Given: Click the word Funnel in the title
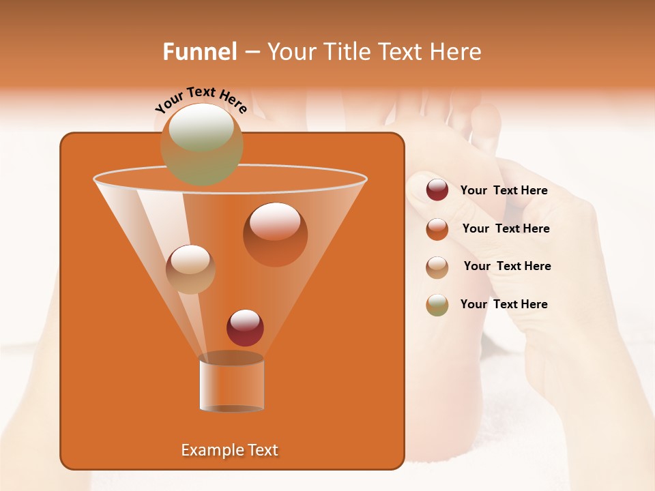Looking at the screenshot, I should click(x=199, y=52).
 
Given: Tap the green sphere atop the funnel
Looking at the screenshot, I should click(x=201, y=143).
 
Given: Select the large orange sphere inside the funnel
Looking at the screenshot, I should click(x=275, y=234).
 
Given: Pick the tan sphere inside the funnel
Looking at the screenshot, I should click(x=190, y=269).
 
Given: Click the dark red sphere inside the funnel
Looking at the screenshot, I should click(x=245, y=327).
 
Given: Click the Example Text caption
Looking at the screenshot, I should click(x=229, y=450).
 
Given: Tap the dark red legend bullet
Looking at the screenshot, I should click(x=437, y=190).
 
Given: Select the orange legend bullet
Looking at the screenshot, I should click(x=437, y=228).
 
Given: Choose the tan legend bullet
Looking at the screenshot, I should click(x=437, y=267).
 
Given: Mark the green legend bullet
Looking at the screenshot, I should click(x=437, y=304).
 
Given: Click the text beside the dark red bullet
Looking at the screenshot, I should click(x=504, y=190).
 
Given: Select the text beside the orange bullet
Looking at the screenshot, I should click(x=506, y=228).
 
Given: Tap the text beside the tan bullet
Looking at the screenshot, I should click(x=507, y=266).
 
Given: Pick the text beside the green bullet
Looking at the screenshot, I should click(x=504, y=304).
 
